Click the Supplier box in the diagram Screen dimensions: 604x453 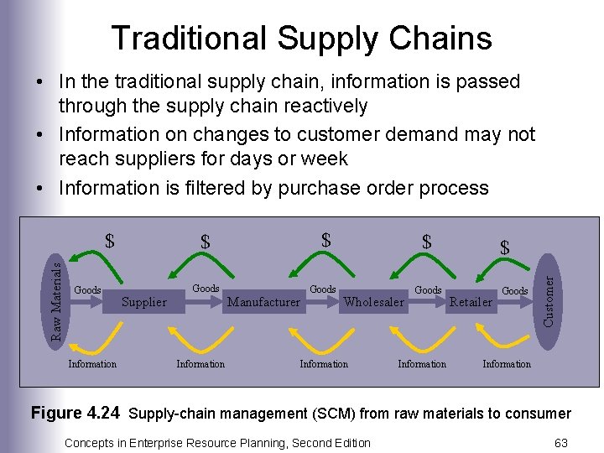click(144, 302)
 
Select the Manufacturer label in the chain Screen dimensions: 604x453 click(264, 302)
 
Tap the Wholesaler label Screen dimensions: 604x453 click(374, 302)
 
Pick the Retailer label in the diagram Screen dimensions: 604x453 click(471, 302)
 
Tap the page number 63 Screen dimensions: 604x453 click(561, 442)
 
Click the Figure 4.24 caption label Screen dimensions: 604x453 click(75, 413)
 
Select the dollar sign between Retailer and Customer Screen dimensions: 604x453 click(504, 247)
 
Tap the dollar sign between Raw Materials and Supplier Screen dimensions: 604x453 click(109, 241)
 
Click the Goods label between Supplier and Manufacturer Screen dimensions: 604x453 click(206, 289)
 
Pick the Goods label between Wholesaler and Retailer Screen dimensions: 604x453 click(428, 289)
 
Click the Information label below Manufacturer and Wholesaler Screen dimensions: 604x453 click(324, 363)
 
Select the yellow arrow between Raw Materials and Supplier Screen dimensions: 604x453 click(92, 339)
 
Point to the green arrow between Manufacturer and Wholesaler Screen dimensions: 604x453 click(325, 263)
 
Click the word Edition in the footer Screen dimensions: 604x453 click(347, 442)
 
